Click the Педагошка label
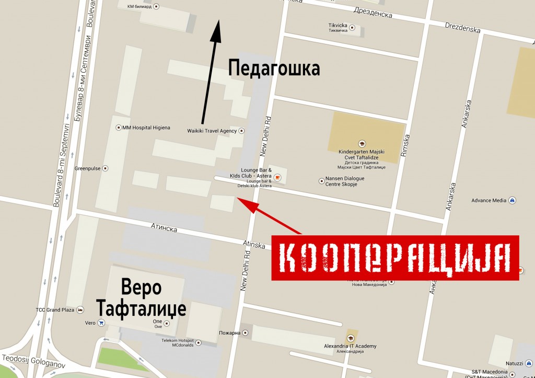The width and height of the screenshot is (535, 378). coord(274,68)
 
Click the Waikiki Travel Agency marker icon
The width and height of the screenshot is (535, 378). coord(241,131)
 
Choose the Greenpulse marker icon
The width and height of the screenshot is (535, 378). coord(105,168)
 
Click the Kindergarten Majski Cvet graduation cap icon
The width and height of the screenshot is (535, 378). coord(361,143)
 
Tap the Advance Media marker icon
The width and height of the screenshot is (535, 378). coord(513,200)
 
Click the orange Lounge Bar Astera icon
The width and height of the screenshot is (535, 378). coord(277,178)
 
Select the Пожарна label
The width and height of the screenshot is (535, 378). coord(230,333)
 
